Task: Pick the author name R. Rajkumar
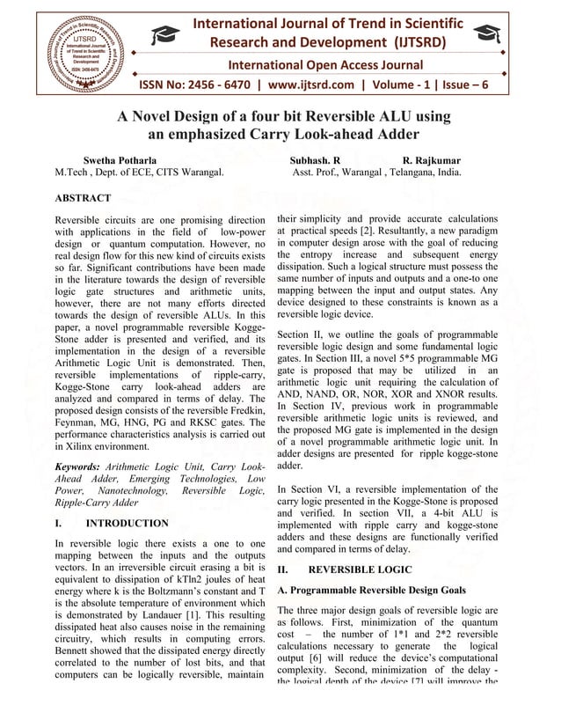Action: (x=431, y=161)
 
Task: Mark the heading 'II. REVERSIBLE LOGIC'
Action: (x=344, y=570)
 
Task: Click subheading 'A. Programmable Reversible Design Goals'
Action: (x=374, y=590)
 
